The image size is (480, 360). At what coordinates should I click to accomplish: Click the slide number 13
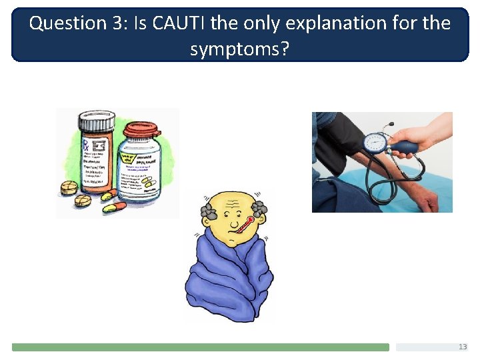coord(463,347)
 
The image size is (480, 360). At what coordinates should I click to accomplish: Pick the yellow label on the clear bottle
coord(127,158)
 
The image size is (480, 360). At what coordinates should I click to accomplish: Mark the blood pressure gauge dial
coord(375,143)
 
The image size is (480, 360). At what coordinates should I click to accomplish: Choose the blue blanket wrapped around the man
coord(227,280)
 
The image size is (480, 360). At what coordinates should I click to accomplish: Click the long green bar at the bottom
coord(200,347)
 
